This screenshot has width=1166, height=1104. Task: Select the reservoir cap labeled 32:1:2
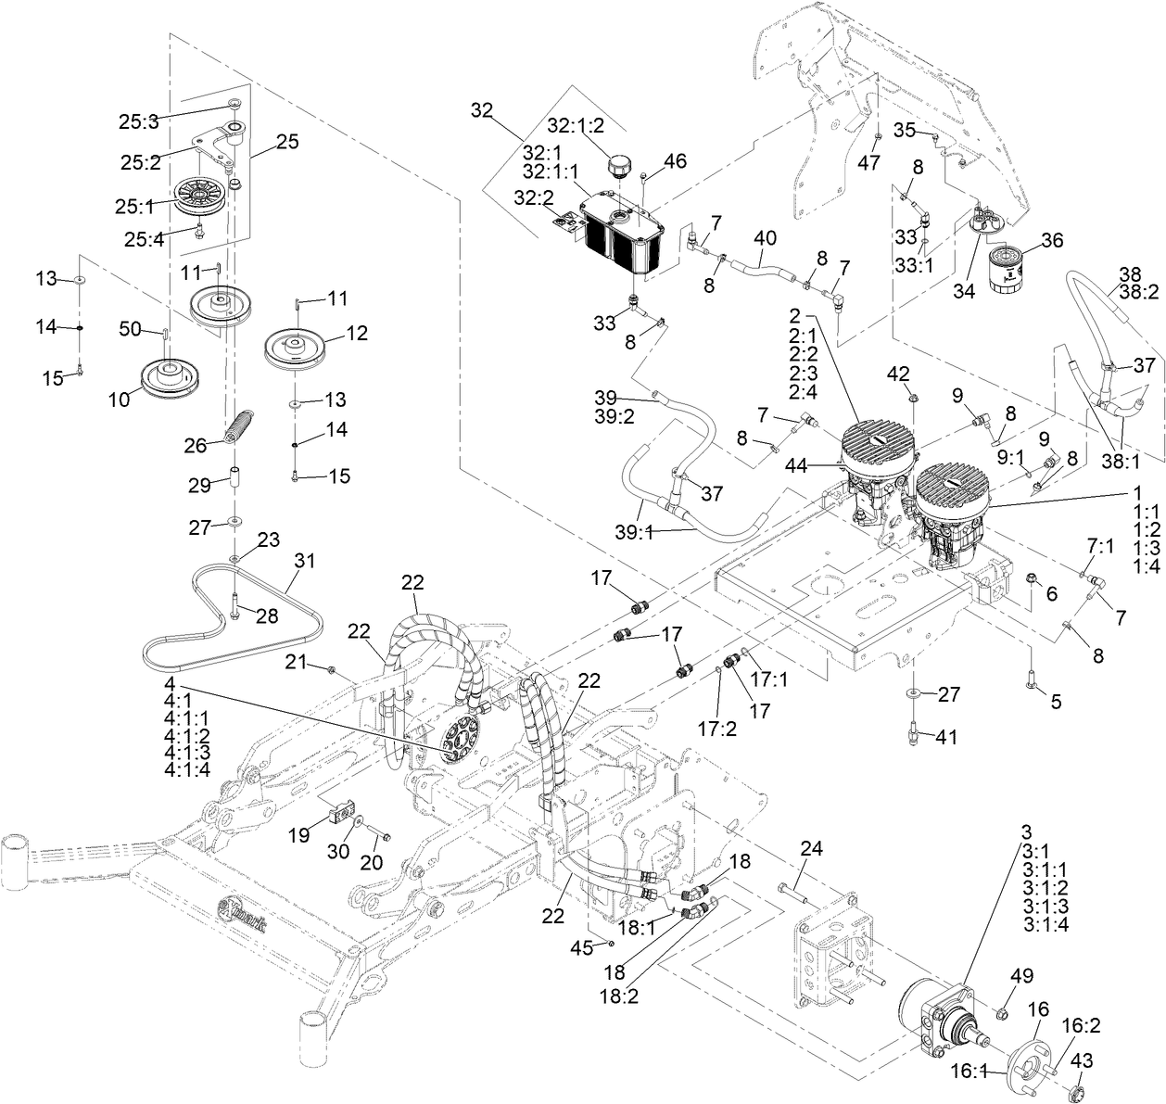(x=618, y=169)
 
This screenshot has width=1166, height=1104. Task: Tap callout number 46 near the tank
(x=675, y=161)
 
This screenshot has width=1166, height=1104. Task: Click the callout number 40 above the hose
(x=764, y=237)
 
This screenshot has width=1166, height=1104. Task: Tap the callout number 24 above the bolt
(x=812, y=850)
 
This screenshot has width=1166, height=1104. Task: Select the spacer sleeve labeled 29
(x=235, y=484)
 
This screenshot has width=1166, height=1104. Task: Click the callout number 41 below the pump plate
(x=944, y=738)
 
